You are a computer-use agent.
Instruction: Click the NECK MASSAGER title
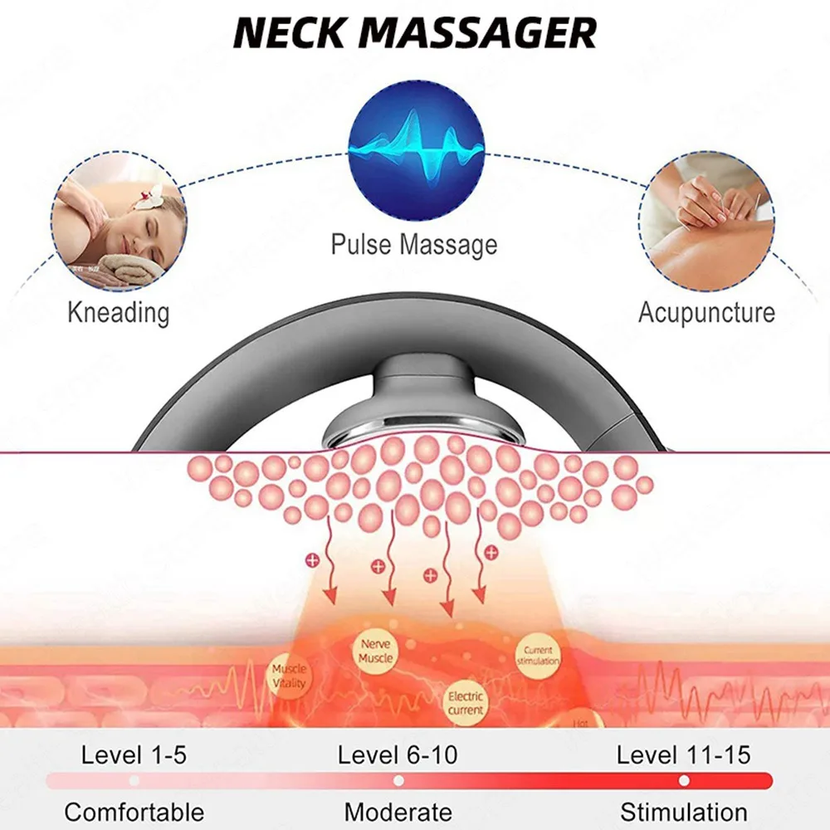pos(414,33)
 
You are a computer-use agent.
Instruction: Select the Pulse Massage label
pos(414,245)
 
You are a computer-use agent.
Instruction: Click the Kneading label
pos(118,313)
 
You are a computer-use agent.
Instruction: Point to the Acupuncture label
pos(706,313)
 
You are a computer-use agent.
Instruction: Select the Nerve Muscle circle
pos(376,651)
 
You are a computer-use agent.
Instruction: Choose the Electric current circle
pos(466,703)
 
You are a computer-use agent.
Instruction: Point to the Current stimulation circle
pos(539,656)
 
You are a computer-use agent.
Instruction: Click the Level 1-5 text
pos(134,754)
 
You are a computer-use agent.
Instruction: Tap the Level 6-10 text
pos(398,754)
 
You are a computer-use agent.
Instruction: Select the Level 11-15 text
pos(683,754)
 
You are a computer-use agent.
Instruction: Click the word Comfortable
pos(134,812)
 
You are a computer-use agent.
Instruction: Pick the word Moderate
pos(398,812)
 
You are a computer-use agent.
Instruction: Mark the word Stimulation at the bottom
pos(683,812)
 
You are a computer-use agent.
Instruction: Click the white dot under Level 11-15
pos(684,781)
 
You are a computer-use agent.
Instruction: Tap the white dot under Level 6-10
pos(398,781)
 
